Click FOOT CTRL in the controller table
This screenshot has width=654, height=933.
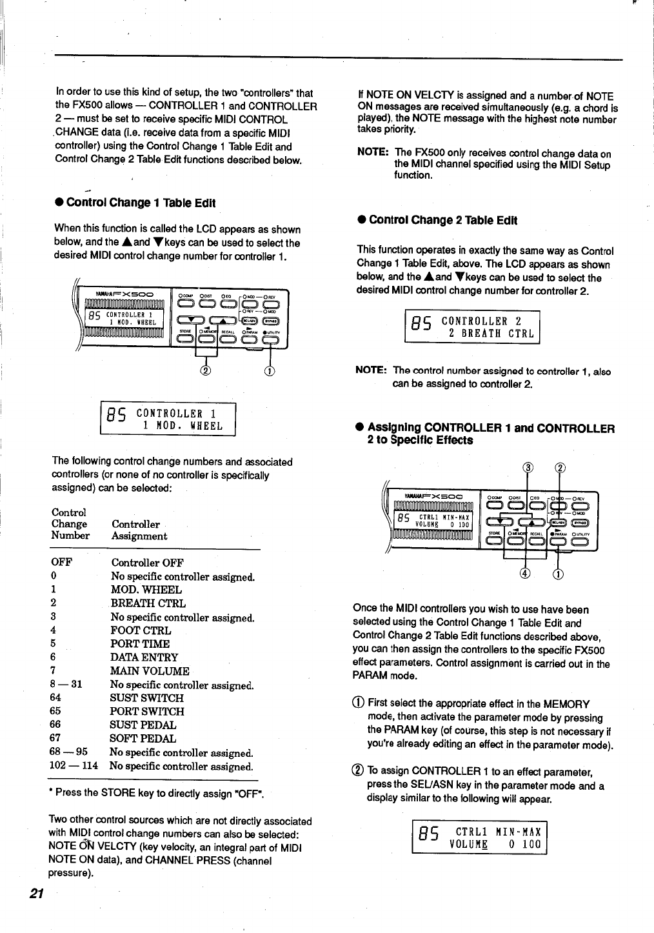click(x=141, y=630)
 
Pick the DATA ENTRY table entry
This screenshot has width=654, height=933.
click(x=144, y=657)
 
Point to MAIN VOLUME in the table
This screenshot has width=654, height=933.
click(x=150, y=671)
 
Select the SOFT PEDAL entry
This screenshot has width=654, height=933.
click(x=143, y=739)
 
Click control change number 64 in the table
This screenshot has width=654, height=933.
click(x=55, y=698)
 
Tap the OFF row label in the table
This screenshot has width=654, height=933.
click(x=61, y=563)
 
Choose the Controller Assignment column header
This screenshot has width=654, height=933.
click(x=139, y=530)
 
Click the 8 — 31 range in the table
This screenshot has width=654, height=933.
click(x=66, y=685)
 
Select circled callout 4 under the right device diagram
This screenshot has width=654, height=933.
click(x=525, y=574)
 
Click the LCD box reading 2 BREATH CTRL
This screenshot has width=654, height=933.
click(x=471, y=327)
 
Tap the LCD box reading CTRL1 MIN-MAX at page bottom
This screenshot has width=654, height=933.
click(x=479, y=838)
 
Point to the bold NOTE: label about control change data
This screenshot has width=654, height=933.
click(x=372, y=154)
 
